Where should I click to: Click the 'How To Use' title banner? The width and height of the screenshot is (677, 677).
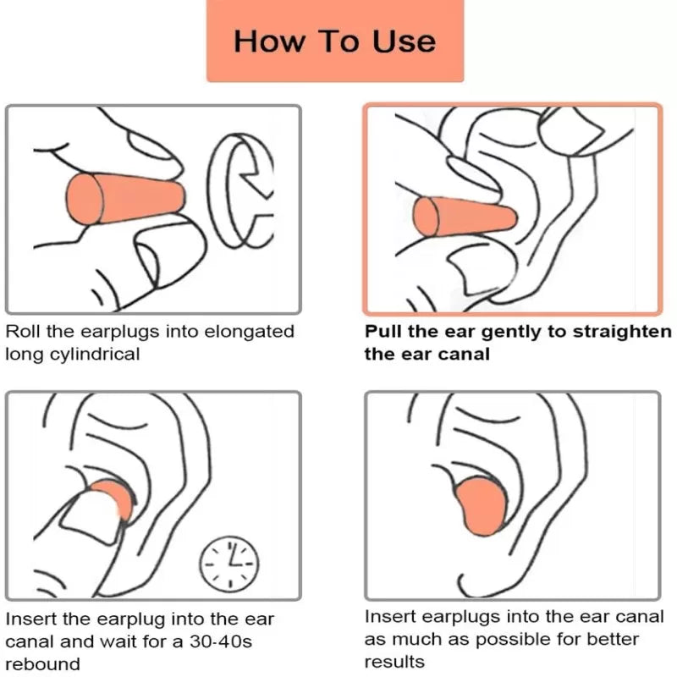pos(335,41)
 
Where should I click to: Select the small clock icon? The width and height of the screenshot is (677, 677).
pos(229,559)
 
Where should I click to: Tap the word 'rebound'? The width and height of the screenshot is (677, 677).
pos(42,664)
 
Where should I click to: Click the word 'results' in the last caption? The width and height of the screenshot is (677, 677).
pos(394,662)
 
